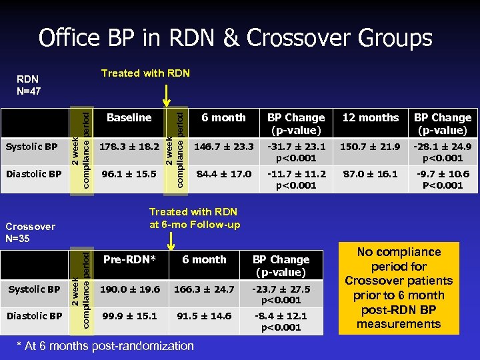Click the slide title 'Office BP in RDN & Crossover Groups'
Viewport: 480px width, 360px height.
[235, 37]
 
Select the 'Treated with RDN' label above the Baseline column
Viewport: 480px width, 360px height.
[145, 73]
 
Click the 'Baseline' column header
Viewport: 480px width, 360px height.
[129, 118]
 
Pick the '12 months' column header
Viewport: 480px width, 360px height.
[370, 118]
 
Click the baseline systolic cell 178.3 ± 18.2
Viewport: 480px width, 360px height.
[129, 146]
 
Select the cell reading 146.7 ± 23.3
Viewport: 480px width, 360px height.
[223, 146]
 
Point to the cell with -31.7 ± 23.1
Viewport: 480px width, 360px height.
[296, 152]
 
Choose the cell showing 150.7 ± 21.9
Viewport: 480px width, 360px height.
[370, 146]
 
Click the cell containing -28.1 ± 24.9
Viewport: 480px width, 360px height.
[442, 152]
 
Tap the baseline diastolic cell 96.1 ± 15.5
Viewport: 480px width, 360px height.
[129, 174]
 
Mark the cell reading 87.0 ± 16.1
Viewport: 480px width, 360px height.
[370, 174]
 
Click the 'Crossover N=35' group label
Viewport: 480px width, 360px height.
[29, 232]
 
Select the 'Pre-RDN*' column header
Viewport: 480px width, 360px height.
[130, 260]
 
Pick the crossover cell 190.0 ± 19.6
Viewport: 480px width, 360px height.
[130, 289]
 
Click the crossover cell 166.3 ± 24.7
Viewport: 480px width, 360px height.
[204, 289]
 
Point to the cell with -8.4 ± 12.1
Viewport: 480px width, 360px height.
[281, 321]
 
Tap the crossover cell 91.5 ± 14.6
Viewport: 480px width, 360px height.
[204, 315]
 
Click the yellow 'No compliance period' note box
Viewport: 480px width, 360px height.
[399, 288]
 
